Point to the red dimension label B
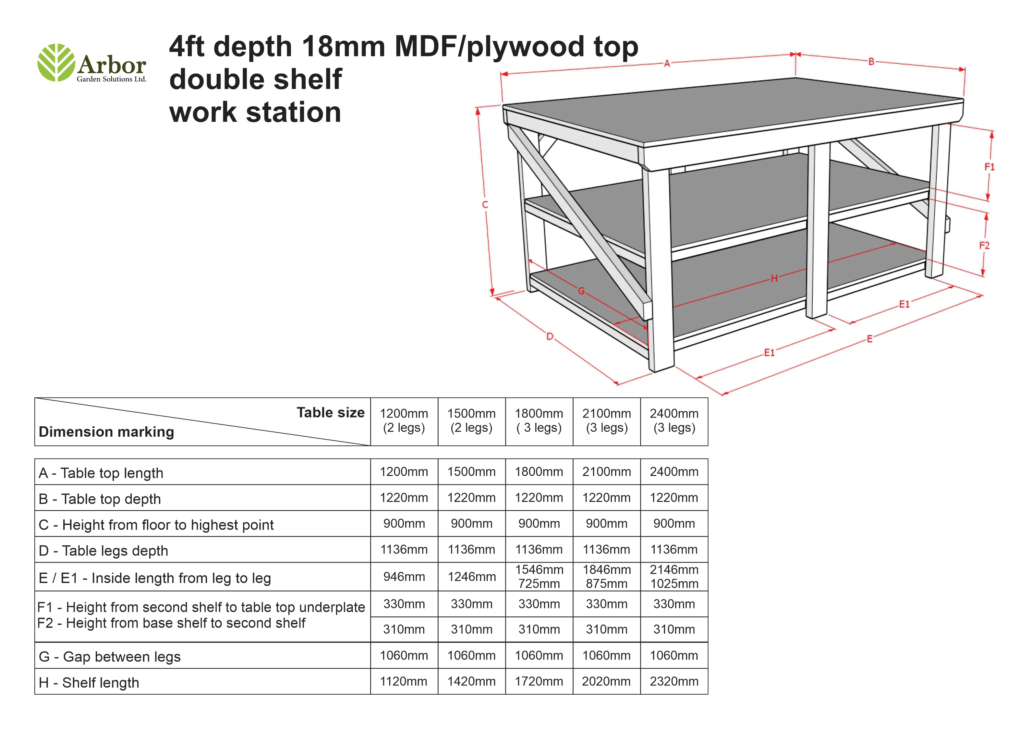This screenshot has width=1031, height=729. [871, 62]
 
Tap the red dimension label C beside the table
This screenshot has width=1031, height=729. [485, 205]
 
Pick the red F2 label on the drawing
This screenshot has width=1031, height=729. [984, 246]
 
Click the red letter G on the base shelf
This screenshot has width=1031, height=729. [581, 291]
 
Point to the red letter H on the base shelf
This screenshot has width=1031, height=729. [774, 278]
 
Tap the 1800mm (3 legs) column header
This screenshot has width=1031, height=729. [539, 421]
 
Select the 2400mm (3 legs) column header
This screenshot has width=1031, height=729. [674, 421]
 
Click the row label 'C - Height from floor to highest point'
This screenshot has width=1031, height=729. [156, 525]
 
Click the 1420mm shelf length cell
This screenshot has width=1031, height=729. [471, 681]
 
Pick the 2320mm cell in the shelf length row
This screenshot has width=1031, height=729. [674, 681]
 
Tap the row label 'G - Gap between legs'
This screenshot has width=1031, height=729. [110, 657]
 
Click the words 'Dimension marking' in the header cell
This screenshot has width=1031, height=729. [106, 431]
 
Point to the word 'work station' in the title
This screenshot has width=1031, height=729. [255, 112]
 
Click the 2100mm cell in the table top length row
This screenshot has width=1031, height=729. [607, 472]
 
